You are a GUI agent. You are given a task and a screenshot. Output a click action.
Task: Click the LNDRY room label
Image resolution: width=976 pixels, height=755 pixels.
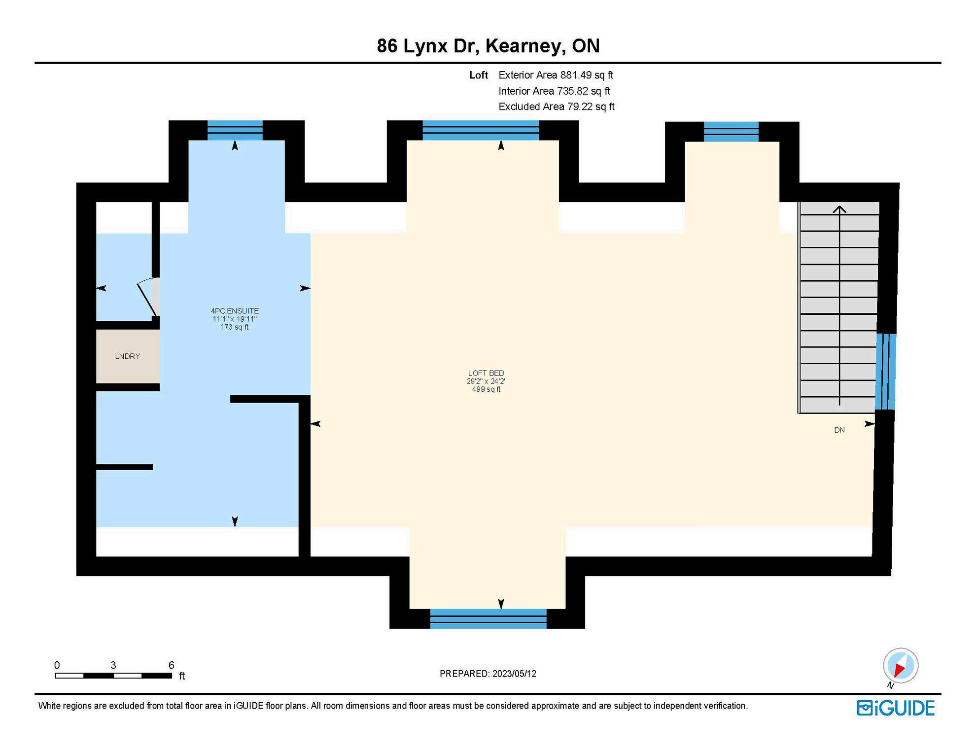tap(127, 356)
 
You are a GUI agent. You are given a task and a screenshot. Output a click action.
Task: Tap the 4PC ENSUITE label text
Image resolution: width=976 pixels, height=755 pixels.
tap(235, 311)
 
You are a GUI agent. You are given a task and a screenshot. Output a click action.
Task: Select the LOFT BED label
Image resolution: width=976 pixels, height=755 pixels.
tap(486, 373)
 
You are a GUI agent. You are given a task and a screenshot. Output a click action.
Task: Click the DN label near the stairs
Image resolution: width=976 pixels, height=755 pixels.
tap(839, 430)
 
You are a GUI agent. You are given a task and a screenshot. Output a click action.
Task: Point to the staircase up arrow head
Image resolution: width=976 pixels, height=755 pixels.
tap(839, 209)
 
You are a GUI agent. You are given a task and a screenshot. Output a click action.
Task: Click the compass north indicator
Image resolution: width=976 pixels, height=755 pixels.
tap(901, 666)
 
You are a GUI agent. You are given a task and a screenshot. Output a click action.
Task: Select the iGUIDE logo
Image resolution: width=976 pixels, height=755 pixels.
tap(896, 708)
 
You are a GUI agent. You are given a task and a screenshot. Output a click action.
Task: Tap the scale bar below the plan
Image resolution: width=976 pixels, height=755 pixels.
tap(113, 676)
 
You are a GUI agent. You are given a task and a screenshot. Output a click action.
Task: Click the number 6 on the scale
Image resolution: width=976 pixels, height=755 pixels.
tap(171, 665)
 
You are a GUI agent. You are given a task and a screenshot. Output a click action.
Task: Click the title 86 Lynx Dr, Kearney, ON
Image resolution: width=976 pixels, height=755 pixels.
tap(488, 46)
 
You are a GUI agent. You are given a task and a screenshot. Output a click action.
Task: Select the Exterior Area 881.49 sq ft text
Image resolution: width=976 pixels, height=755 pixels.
tap(556, 75)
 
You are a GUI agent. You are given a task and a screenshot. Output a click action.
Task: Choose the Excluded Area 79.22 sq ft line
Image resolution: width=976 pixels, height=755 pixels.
tap(557, 107)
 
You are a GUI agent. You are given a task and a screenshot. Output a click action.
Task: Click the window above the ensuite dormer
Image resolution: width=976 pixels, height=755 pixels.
tap(235, 131)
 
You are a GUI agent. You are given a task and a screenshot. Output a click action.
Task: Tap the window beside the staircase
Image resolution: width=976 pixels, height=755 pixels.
tap(885, 372)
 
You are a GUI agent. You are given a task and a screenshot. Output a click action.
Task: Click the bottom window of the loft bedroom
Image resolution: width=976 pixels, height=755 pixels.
tap(488, 619)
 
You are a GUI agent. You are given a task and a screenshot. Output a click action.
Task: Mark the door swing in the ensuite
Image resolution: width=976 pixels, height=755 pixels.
tap(148, 296)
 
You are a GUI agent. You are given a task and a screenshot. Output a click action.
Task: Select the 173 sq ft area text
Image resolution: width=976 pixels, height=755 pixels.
tap(235, 327)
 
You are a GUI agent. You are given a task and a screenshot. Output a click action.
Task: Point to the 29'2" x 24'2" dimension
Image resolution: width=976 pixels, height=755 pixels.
tap(487, 381)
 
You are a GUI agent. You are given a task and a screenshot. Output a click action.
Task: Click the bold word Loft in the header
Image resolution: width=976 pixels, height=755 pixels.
tap(479, 75)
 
